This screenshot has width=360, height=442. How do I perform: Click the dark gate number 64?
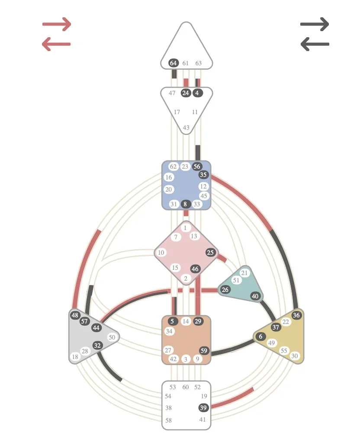(x=174, y=63)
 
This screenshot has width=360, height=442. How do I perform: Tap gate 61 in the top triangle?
(x=186, y=63)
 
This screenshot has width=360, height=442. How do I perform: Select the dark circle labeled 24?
(x=186, y=93)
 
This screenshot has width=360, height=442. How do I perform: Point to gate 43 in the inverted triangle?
(x=186, y=128)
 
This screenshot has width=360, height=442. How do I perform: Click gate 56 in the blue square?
(x=197, y=167)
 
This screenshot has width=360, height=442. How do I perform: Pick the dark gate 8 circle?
(x=186, y=204)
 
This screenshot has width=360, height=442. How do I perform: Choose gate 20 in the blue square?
(x=169, y=189)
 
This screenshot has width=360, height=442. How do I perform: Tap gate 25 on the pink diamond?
(x=210, y=253)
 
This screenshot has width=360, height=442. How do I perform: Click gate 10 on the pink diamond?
(x=161, y=253)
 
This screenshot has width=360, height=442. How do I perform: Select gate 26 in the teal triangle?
(x=225, y=290)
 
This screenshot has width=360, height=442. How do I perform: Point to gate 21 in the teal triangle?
(x=244, y=273)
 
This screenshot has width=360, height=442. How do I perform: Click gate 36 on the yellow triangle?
(x=296, y=315)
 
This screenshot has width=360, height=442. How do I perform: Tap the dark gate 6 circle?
(x=260, y=336)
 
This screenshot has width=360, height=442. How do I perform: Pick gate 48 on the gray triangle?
(x=75, y=315)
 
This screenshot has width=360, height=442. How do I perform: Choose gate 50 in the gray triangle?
(x=112, y=337)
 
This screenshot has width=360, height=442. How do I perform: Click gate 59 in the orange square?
(x=204, y=351)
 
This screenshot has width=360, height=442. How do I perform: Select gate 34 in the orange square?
(x=169, y=331)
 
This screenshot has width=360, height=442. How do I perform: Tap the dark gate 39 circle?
(x=203, y=408)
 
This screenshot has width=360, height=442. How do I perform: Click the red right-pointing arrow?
(x=57, y=25)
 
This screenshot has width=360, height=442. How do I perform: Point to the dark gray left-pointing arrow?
(x=315, y=44)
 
